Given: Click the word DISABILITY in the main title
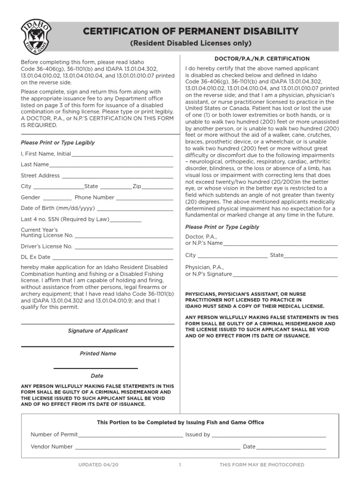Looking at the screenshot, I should coord(263,31).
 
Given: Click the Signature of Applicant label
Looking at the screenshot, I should coord(97,331).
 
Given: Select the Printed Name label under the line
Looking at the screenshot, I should coord(97,353).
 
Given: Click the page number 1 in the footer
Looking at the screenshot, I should coord(180,465).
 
